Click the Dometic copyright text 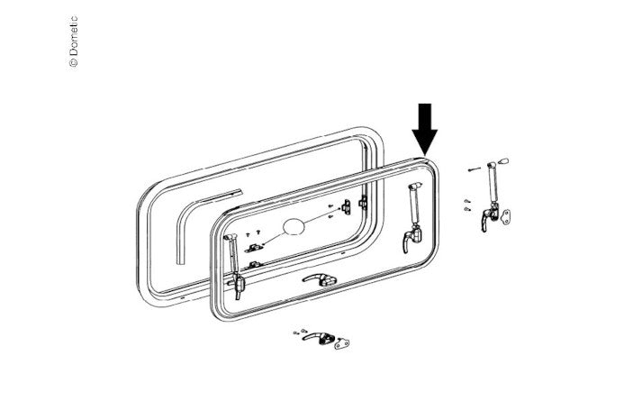[74, 41]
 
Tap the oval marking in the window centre [294, 226]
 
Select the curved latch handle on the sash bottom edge [320, 279]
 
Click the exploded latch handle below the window [318, 337]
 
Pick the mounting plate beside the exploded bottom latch [342, 342]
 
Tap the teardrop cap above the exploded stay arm [504, 160]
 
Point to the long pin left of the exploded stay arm [475, 169]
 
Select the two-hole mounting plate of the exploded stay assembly [506, 216]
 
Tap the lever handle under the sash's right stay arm [411, 241]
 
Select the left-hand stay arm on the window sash [232, 255]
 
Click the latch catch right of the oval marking [346, 207]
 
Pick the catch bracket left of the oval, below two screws [253, 248]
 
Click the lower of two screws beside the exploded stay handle [467, 209]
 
